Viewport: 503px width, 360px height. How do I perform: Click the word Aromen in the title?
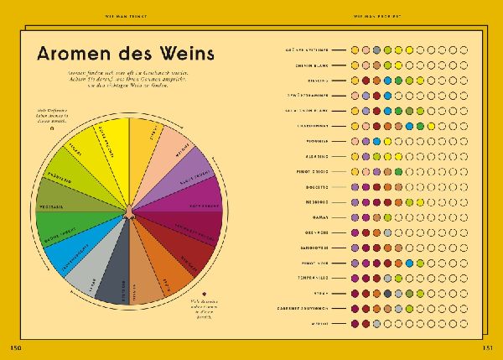point(70,54)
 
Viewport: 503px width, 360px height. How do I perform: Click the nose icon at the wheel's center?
point(128,211)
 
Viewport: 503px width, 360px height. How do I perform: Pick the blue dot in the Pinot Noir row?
point(408,263)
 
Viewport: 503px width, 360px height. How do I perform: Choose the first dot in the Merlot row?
point(355,323)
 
